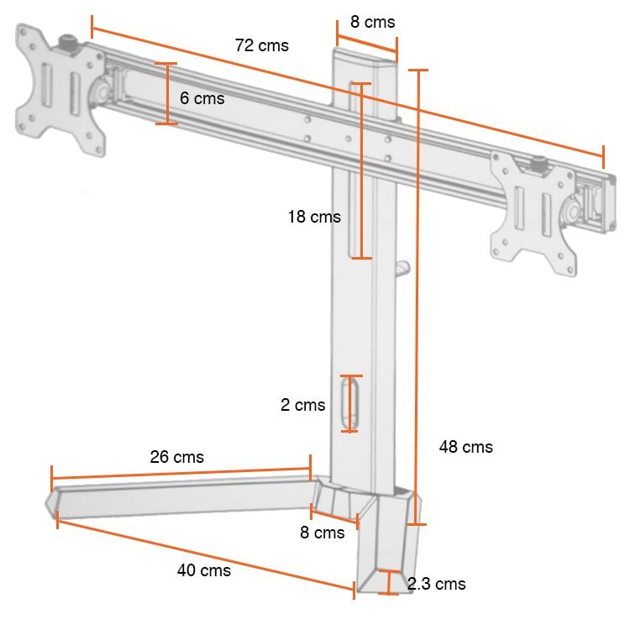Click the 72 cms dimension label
pos(261,45)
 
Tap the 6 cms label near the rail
pos(202,98)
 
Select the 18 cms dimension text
pos(313,217)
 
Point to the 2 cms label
pos(302,405)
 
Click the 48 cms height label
pos(465,447)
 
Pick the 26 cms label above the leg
pos(176,457)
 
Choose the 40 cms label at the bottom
pos(203,570)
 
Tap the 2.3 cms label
pos(436,584)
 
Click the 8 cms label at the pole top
pos(372,22)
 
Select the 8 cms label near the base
pos(323,533)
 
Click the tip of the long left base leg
pos(51,504)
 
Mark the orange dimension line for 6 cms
pos(167,94)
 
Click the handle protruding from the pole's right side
pos(403,269)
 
